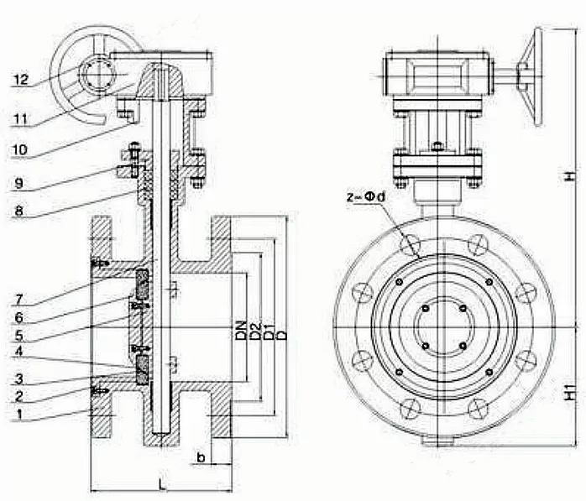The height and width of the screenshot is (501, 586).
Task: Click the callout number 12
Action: (21, 80)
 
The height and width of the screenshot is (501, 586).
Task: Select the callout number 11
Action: (20, 118)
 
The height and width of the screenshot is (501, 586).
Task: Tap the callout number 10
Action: (20, 149)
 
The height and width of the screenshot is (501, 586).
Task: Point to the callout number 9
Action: (21, 182)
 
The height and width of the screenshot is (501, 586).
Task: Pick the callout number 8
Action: (21, 211)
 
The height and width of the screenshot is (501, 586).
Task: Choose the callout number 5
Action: (21, 337)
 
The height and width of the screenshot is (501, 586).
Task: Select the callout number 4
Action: (21, 357)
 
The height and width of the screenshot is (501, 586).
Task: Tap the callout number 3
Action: (21, 378)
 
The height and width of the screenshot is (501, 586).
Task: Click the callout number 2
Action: (21, 396)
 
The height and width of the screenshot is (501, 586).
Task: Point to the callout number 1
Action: (21, 414)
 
